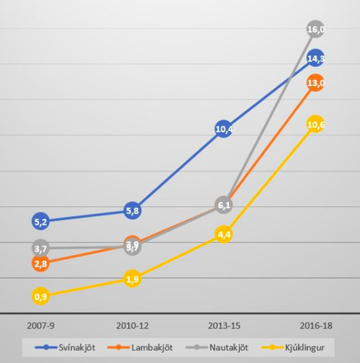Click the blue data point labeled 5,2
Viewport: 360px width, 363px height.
(x=40, y=221)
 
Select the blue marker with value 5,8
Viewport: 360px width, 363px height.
(x=132, y=211)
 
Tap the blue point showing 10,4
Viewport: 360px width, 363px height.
(x=223, y=130)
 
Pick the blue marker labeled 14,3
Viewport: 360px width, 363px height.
(x=315, y=58)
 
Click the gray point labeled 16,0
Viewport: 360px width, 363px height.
(x=315, y=30)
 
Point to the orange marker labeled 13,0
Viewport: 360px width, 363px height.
(x=315, y=83)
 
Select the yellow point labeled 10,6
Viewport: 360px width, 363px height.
(x=315, y=125)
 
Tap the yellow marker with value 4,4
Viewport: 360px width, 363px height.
(x=223, y=234)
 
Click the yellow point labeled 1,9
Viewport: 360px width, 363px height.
(x=132, y=279)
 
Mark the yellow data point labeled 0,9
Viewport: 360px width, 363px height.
(x=40, y=296)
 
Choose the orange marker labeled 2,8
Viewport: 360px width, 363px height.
(x=40, y=264)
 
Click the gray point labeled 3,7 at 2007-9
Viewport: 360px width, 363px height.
(x=40, y=248)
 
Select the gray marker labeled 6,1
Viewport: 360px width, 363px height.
(x=223, y=205)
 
